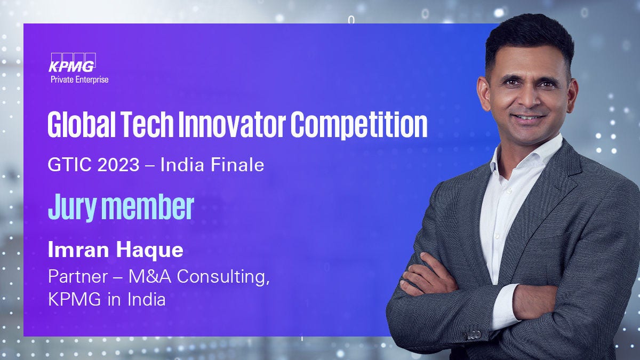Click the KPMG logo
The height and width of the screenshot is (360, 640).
(73, 62)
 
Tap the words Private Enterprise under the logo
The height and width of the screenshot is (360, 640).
(79, 79)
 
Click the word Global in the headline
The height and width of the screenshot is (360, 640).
(82, 125)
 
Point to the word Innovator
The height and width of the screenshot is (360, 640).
(232, 125)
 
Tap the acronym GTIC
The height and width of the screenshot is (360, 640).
(69, 165)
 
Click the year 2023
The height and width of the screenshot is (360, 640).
(118, 165)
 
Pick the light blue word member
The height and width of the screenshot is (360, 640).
(148, 206)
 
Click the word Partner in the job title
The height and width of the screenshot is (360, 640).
(78, 276)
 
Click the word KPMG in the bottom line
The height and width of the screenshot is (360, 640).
(74, 299)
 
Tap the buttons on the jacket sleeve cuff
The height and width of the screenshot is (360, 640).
(473, 335)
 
